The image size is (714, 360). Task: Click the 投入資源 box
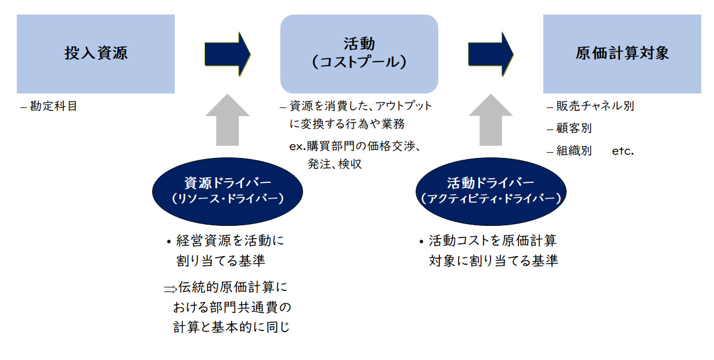[96, 54]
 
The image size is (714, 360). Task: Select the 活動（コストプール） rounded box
[359, 54]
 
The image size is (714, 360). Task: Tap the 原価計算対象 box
[622, 54]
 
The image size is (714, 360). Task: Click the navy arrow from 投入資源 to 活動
[227, 54]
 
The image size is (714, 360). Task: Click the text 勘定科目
[53, 106]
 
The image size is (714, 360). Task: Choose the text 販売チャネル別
[595, 106]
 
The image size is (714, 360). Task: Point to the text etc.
[622, 151]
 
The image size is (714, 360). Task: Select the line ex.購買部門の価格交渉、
[355, 146]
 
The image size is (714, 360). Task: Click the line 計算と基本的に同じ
[231, 327]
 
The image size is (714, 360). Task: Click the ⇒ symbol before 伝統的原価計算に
[170, 287]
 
